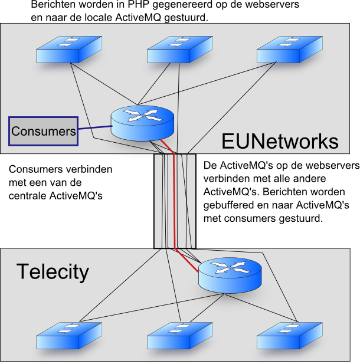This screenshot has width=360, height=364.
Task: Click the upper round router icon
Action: (x=143, y=122)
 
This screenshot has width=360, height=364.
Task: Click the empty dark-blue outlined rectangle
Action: (x=43, y=131)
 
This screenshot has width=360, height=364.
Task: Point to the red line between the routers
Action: (x=175, y=201)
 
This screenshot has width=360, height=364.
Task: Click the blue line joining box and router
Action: (x=94, y=128)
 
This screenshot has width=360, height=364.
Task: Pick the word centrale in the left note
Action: (x=27, y=195)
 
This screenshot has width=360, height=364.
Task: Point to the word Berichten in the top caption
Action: (x=53, y=5)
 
